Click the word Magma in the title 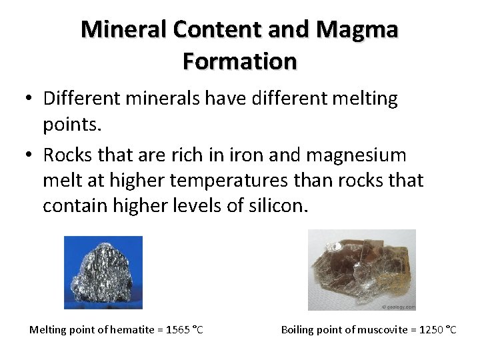tap(357, 29)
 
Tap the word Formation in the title tap(239, 61)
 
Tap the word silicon tap(277, 205)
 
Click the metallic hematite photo tap(103, 273)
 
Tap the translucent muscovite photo tap(361, 269)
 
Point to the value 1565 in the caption tap(177, 329)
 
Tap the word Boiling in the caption tap(299, 329)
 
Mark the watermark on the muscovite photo tap(399, 307)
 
